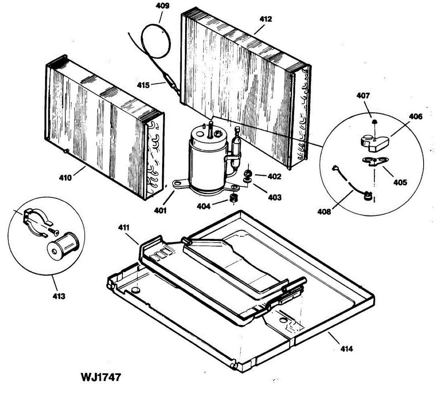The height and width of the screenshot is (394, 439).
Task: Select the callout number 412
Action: click(266, 19)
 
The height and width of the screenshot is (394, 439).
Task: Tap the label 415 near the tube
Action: click(143, 85)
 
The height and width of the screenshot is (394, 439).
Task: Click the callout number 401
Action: click(160, 211)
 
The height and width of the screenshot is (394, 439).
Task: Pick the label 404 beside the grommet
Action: click(203, 207)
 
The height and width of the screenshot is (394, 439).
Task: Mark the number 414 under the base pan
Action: click(346, 349)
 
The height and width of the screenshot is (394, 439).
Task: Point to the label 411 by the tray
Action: click(124, 228)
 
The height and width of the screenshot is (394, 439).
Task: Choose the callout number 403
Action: click(274, 197)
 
